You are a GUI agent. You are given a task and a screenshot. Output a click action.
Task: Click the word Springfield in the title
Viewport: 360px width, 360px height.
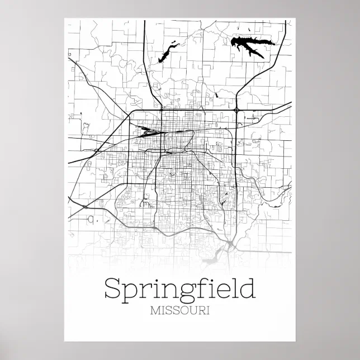[179, 290]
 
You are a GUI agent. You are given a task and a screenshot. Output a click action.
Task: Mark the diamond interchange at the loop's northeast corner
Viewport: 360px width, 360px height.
[237, 111]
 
